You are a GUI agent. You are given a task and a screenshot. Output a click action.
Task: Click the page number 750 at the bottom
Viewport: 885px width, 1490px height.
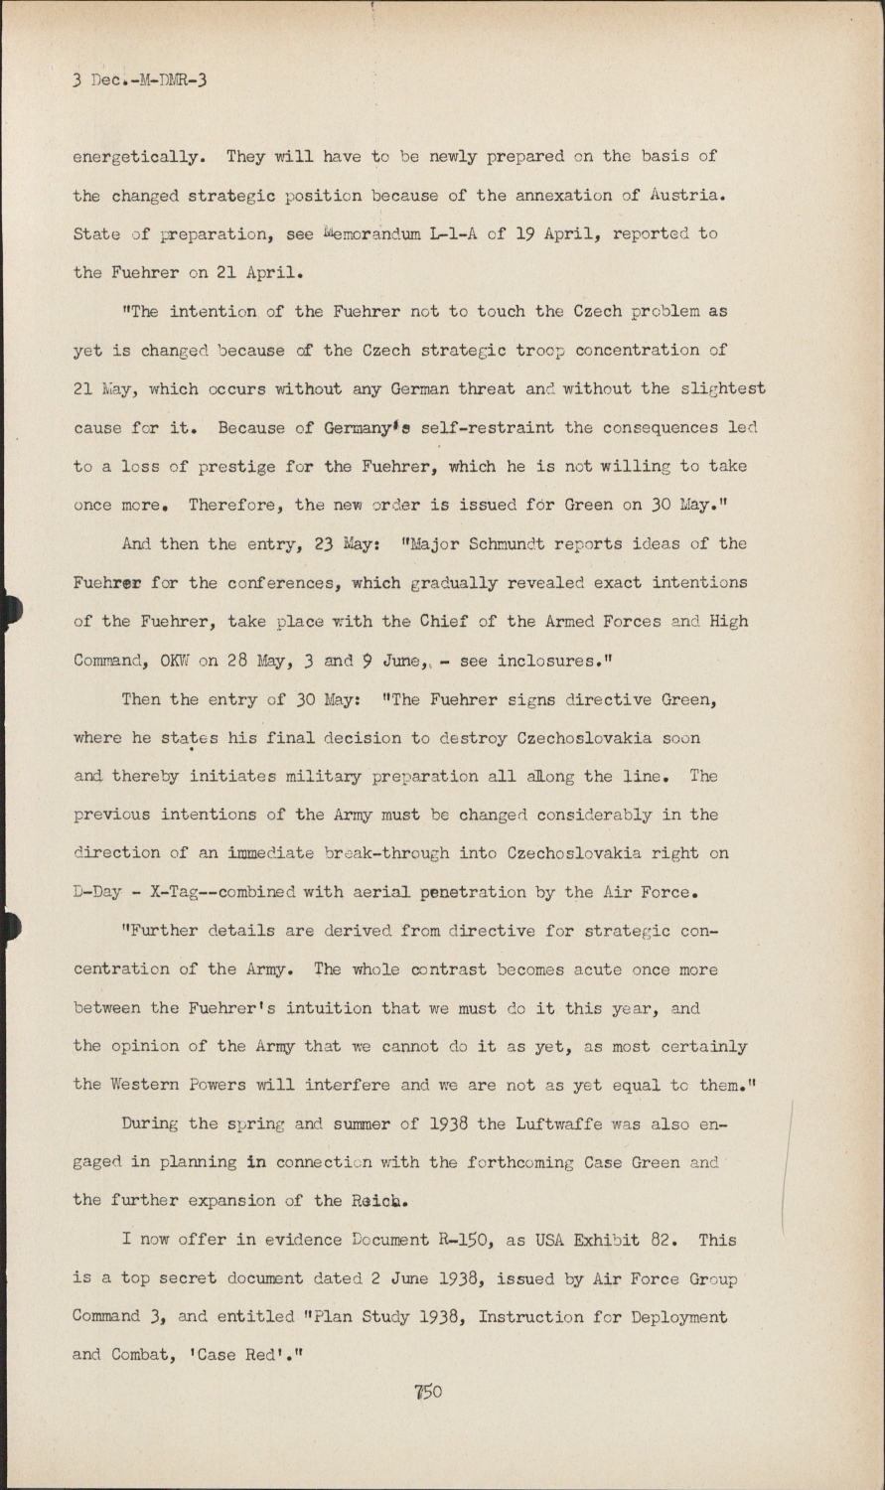click(428, 1392)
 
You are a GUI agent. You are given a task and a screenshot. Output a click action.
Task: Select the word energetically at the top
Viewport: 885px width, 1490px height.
click(138, 157)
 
